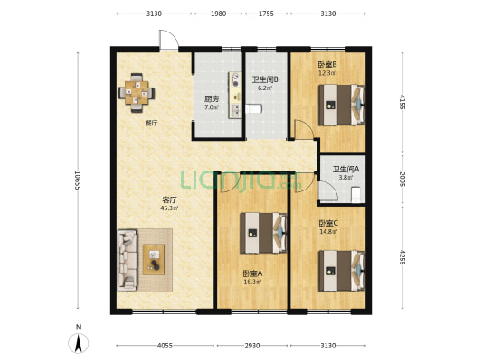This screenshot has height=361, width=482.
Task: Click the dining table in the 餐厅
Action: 137,93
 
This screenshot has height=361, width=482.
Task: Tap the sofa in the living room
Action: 127,260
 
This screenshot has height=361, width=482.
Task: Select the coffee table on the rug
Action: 154,260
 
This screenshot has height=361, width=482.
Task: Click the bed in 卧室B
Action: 342,105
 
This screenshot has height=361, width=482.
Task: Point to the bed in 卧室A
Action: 263,233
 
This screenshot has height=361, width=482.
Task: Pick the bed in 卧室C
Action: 342,271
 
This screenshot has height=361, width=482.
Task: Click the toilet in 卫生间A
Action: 355,194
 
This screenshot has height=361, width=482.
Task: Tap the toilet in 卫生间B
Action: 253,108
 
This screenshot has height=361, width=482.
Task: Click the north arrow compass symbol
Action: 79,343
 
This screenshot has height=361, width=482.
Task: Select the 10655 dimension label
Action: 78,180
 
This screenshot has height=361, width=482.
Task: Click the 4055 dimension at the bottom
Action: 165,346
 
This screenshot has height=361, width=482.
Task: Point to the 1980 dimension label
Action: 218,14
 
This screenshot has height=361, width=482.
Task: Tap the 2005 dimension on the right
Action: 402,179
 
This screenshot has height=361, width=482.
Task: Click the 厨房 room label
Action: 212,99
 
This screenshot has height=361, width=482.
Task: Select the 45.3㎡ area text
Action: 169,208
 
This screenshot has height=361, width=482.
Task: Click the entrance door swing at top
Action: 169,40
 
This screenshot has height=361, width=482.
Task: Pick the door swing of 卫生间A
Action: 328,190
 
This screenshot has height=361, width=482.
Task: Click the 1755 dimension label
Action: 266,14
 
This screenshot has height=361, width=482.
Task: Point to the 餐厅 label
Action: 151,124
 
